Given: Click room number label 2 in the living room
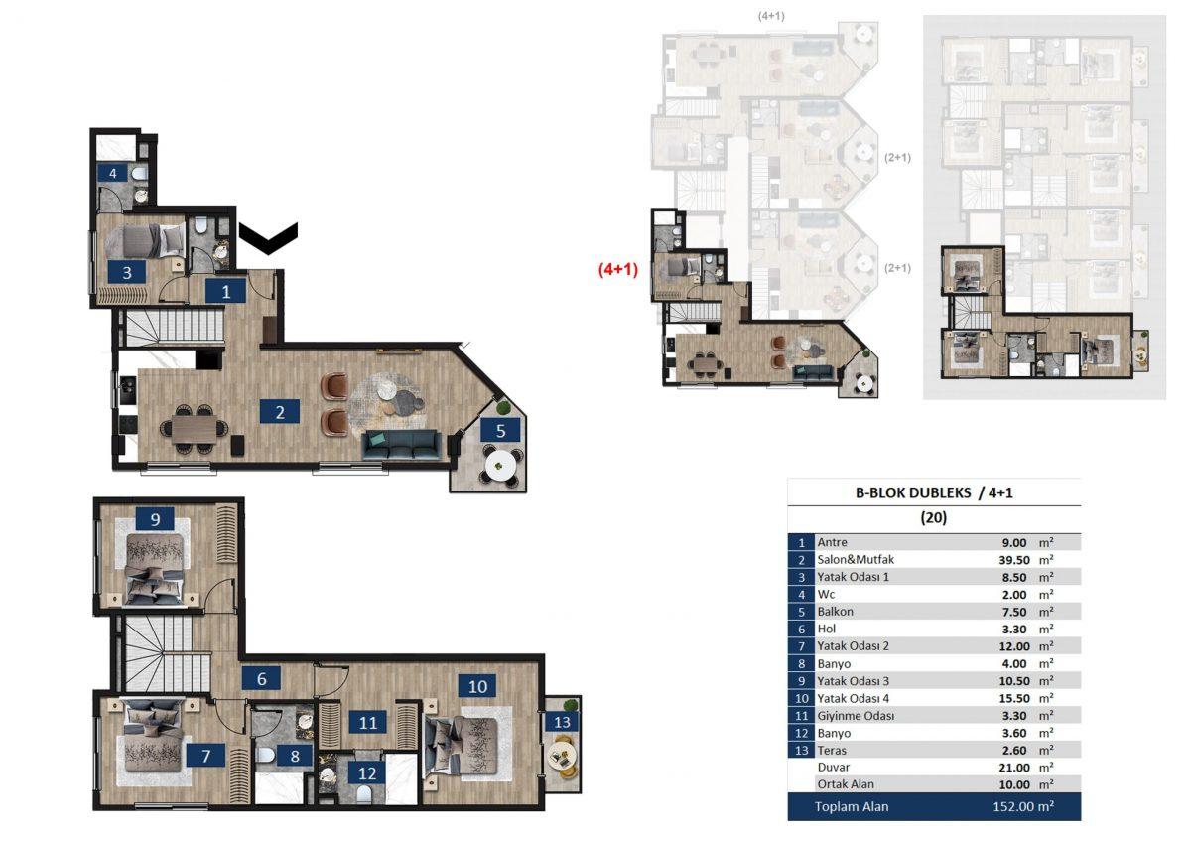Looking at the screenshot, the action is [280, 412].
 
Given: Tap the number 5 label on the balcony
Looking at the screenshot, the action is [500, 430].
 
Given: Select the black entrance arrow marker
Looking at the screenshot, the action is [268, 237].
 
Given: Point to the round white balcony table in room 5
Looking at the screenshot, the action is [500, 467].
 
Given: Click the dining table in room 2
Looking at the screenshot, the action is [195, 429].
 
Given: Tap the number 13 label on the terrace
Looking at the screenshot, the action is [562, 722].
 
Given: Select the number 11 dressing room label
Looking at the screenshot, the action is [368, 722].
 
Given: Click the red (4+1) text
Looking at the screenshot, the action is [617, 269].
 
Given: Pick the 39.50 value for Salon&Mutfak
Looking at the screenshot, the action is [1014, 560].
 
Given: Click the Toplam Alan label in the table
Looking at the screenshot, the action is [852, 806].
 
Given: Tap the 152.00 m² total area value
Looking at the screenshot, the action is [1023, 806].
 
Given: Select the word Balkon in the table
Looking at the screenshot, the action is [836, 612].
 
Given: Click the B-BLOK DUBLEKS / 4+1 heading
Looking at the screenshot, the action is [934, 492].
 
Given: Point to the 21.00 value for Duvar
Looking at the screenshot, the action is [1014, 768].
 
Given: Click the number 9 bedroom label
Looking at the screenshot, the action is [155, 518].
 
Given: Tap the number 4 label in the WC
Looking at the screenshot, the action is [113, 173].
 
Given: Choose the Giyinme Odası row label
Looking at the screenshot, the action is [856, 716].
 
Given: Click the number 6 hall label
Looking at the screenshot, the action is [262, 679].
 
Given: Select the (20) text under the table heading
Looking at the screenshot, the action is [934, 517].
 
